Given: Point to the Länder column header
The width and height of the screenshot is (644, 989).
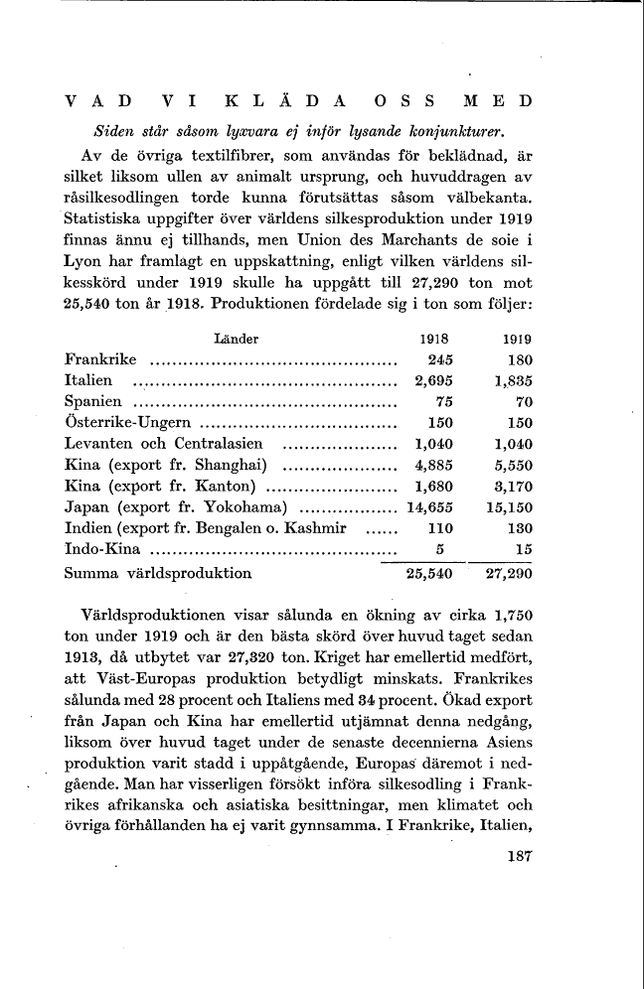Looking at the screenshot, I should click(x=237, y=338).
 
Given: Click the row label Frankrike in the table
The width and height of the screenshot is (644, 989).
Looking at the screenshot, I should click(x=101, y=359).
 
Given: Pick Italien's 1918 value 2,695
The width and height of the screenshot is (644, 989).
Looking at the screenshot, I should click(x=433, y=380).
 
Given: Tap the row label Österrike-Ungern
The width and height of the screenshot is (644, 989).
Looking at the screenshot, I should click(x=127, y=423).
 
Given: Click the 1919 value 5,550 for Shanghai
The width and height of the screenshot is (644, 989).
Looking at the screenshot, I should click(x=513, y=465).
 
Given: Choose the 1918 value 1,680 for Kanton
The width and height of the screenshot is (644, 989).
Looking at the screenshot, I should click(x=433, y=486).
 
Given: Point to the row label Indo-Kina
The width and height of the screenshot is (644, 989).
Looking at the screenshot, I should click(x=101, y=549).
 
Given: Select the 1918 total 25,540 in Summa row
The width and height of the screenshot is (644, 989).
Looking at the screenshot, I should click(x=429, y=573).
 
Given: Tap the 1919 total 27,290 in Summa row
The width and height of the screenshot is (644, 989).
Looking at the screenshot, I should click(x=509, y=573).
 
